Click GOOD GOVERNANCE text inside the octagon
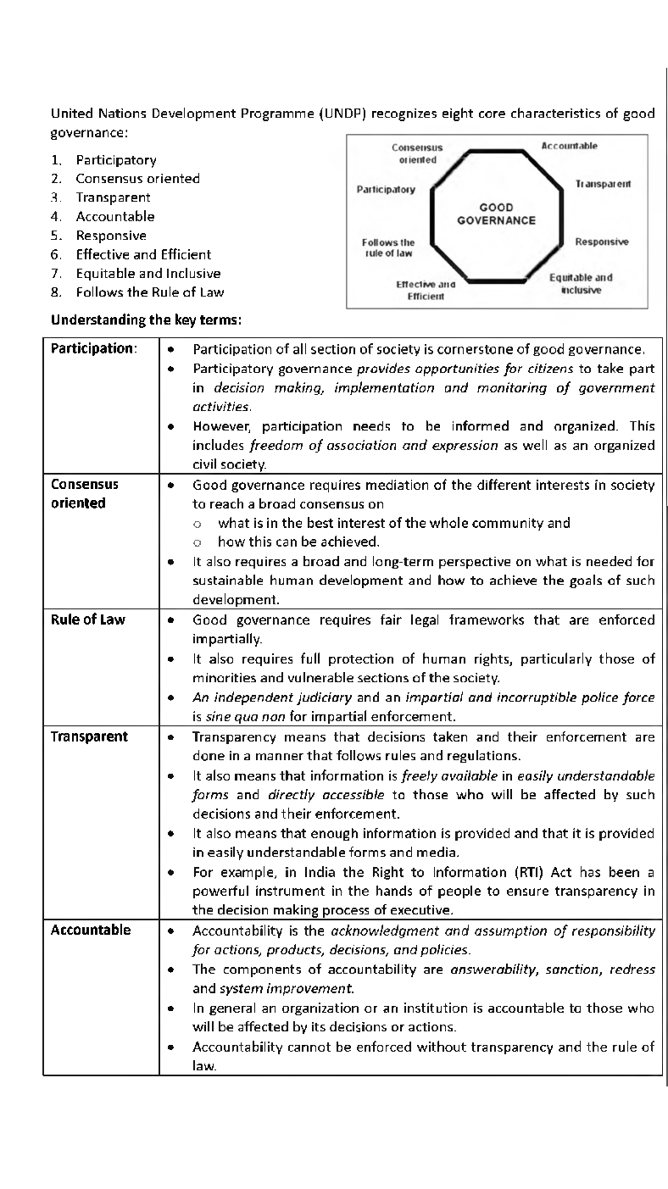496,214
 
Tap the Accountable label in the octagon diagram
569,146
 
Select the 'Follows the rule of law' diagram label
388,247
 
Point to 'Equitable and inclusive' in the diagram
581,284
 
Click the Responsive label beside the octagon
602,242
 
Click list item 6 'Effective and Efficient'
143,254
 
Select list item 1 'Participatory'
116,160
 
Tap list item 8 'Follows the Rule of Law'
150,292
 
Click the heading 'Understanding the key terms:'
146,319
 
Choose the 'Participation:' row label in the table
93,348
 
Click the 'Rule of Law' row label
87,620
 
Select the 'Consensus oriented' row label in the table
85,493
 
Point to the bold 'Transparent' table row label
89,736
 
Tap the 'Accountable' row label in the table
91,930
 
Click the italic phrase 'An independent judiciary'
272,697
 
